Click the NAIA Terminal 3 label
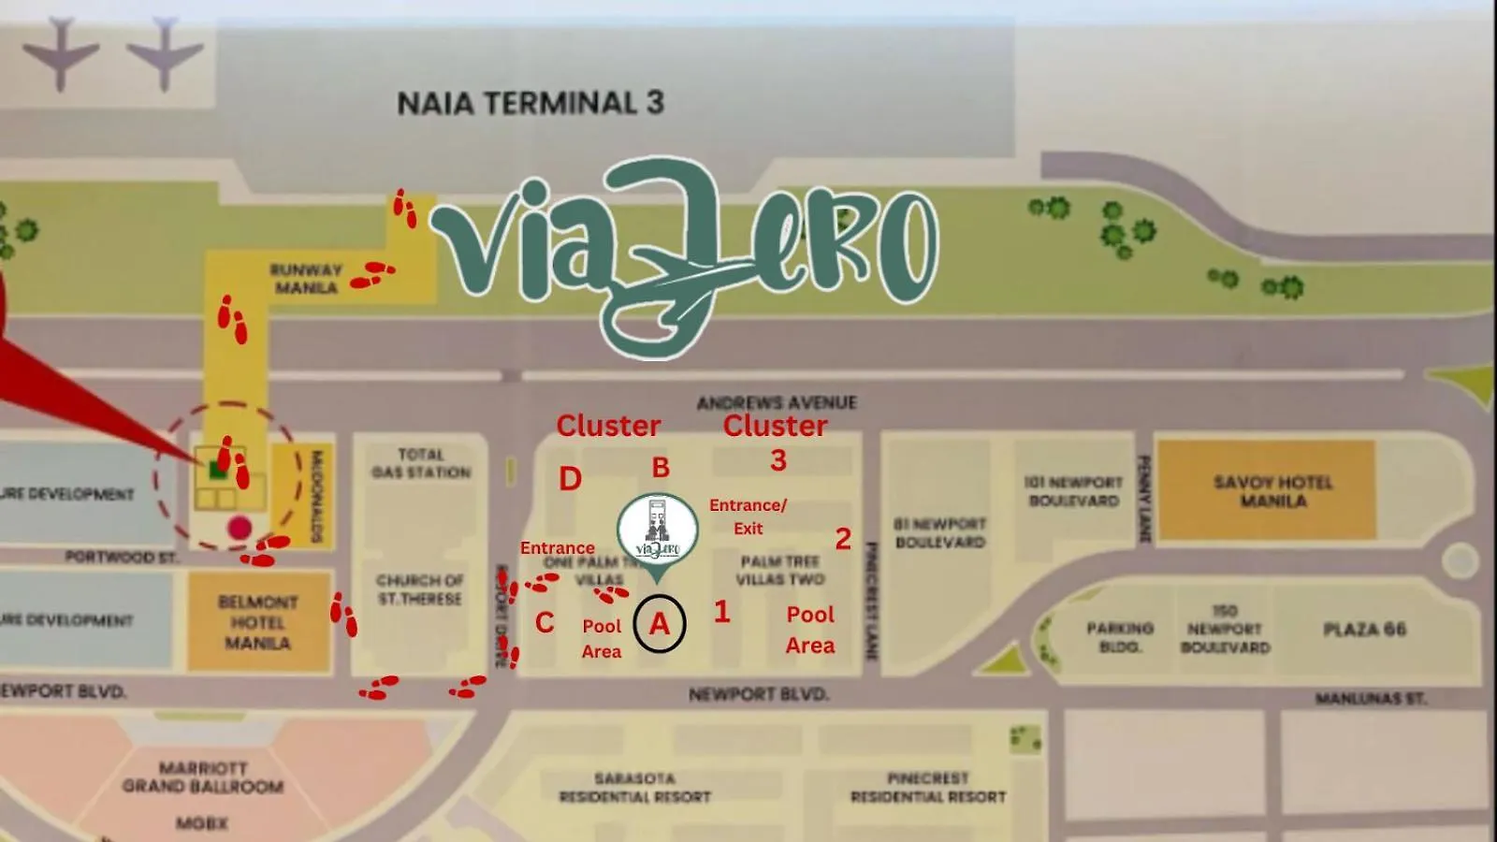[x=530, y=103]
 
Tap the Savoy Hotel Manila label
[x=1272, y=491]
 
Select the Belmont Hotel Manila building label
[x=257, y=622]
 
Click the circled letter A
[x=660, y=623]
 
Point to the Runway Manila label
[x=306, y=279]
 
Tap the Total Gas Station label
[x=421, y=463]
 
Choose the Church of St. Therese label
[x=420, y=589]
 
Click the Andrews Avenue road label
[x=777, y=402]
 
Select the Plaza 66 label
[x=1364, y=629]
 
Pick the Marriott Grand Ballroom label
[x=202, y=777]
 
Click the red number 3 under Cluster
[x=778, y=460]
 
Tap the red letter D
[x=570, y=479]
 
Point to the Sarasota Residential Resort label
[x=635, y=788]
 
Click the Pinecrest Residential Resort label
[x=928, y=788]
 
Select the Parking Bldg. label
[x=1120, y=636]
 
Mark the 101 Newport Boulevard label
[x=1073, y=491]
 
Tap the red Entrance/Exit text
[x=748, y=516]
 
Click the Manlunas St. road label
[x=1370, y=699]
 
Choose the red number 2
[x=843, y=539]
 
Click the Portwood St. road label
[x=122, y=557]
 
